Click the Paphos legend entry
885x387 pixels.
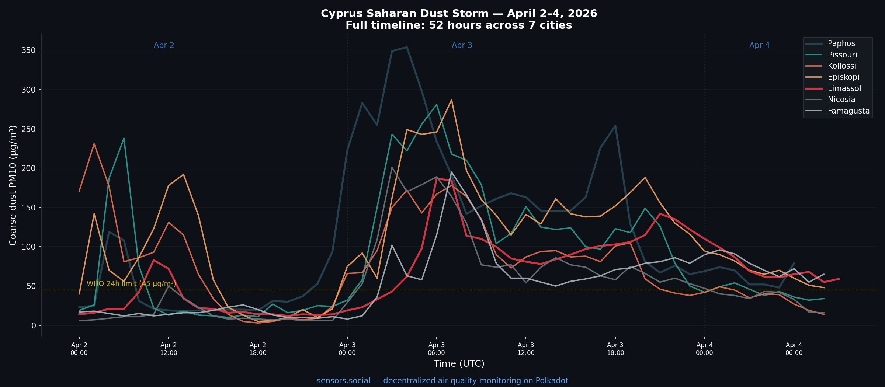841,43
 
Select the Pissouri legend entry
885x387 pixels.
842,55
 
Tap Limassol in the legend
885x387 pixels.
844,88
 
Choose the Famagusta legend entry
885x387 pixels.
848,111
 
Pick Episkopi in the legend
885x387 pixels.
843,77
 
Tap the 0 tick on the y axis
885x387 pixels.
34,325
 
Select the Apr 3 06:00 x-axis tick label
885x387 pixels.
436,349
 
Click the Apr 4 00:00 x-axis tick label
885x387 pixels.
704,349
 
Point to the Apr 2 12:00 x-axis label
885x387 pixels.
169,349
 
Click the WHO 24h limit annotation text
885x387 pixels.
131,284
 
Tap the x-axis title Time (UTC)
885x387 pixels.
459,364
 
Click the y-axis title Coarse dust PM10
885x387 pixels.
13,185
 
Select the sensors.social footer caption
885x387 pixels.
442,381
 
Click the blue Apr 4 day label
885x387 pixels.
759,45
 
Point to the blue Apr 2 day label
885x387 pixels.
164,45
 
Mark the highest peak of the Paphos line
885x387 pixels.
407,47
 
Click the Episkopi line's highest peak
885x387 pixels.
451,100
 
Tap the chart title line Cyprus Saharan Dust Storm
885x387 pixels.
459,14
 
